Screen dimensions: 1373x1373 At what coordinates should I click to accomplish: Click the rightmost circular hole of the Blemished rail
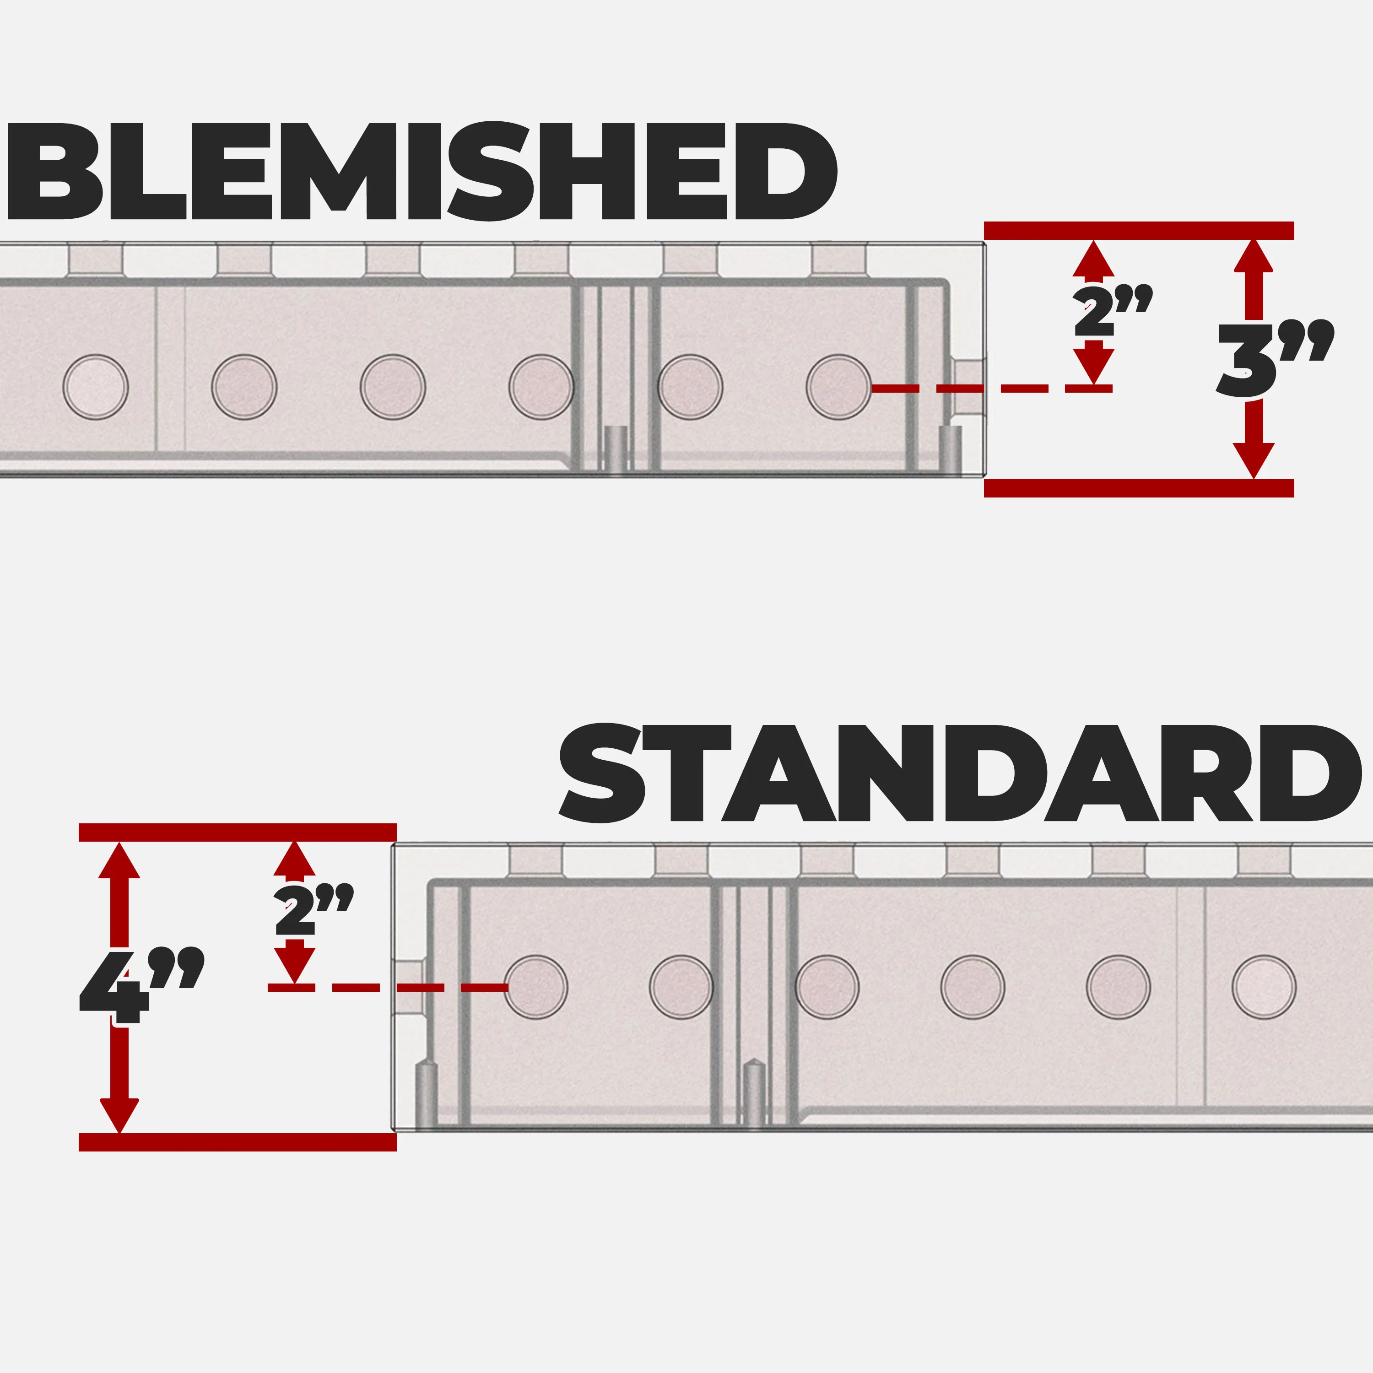coord(838,387)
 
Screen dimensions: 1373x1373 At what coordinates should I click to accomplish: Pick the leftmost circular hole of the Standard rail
coord(536,987)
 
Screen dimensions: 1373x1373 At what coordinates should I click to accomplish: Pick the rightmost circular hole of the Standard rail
coord(1264,988)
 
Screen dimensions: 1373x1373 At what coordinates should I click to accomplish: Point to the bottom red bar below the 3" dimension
coord(1139,487)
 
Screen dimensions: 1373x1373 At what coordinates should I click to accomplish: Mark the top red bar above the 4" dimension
coord(238,832)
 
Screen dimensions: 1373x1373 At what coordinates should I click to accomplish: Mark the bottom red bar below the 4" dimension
coord(238,1142)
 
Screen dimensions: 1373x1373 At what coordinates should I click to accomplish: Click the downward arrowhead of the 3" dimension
coord(1253,460)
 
